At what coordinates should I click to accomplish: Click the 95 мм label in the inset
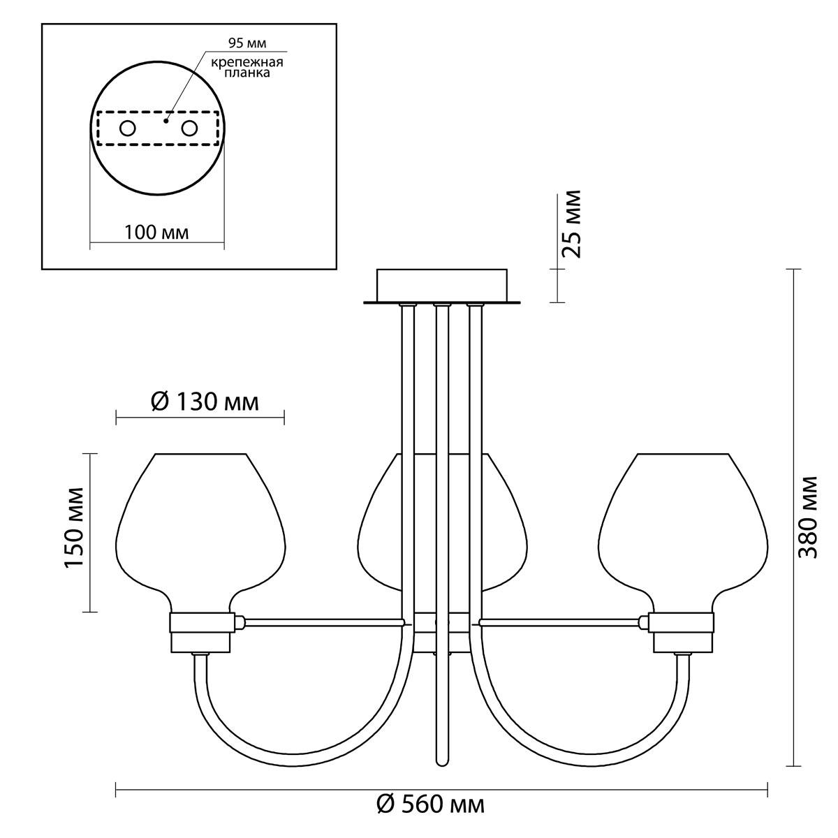247,43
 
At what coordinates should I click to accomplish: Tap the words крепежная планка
247,67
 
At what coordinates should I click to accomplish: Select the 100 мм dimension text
157,233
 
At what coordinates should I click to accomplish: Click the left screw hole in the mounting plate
128,128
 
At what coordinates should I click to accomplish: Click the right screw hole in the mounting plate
190,128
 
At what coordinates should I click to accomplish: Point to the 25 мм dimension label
571,224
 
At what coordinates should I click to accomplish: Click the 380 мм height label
808,517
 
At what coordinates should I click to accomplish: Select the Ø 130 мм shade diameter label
205,402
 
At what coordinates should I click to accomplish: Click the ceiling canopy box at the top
442,286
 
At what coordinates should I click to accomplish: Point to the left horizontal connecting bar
322,622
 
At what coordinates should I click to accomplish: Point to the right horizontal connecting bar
561,622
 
